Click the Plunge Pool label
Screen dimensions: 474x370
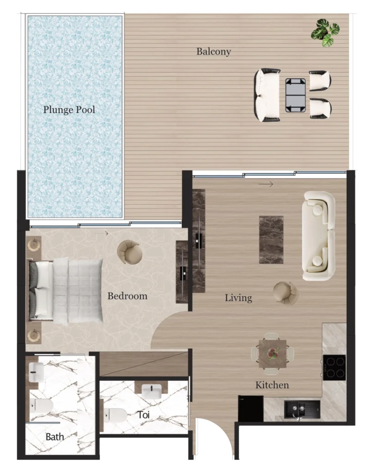(x=69, y=110)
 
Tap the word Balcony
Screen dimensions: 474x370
(x=213, y=51)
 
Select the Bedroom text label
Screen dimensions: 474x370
(x=127, y=296)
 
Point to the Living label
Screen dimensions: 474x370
(x=238, y=298)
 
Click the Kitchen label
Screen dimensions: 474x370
(x=272, y=385)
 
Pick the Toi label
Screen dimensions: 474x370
(x=143, y=415)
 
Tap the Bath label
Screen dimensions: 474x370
(x=55, y=437)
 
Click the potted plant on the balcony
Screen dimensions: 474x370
(x=326, y=32)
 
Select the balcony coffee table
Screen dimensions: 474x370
(x=295, y=95)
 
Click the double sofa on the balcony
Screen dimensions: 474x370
(x=267, y=95)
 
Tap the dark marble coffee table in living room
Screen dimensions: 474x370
(x=271, y=239)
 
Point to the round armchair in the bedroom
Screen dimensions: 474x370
(x=129, y=251)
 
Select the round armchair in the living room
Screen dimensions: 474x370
(x=285, y=293)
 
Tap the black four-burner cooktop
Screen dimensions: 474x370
(x=333, y=367)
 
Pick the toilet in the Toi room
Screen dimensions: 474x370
(x=114, y=415)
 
